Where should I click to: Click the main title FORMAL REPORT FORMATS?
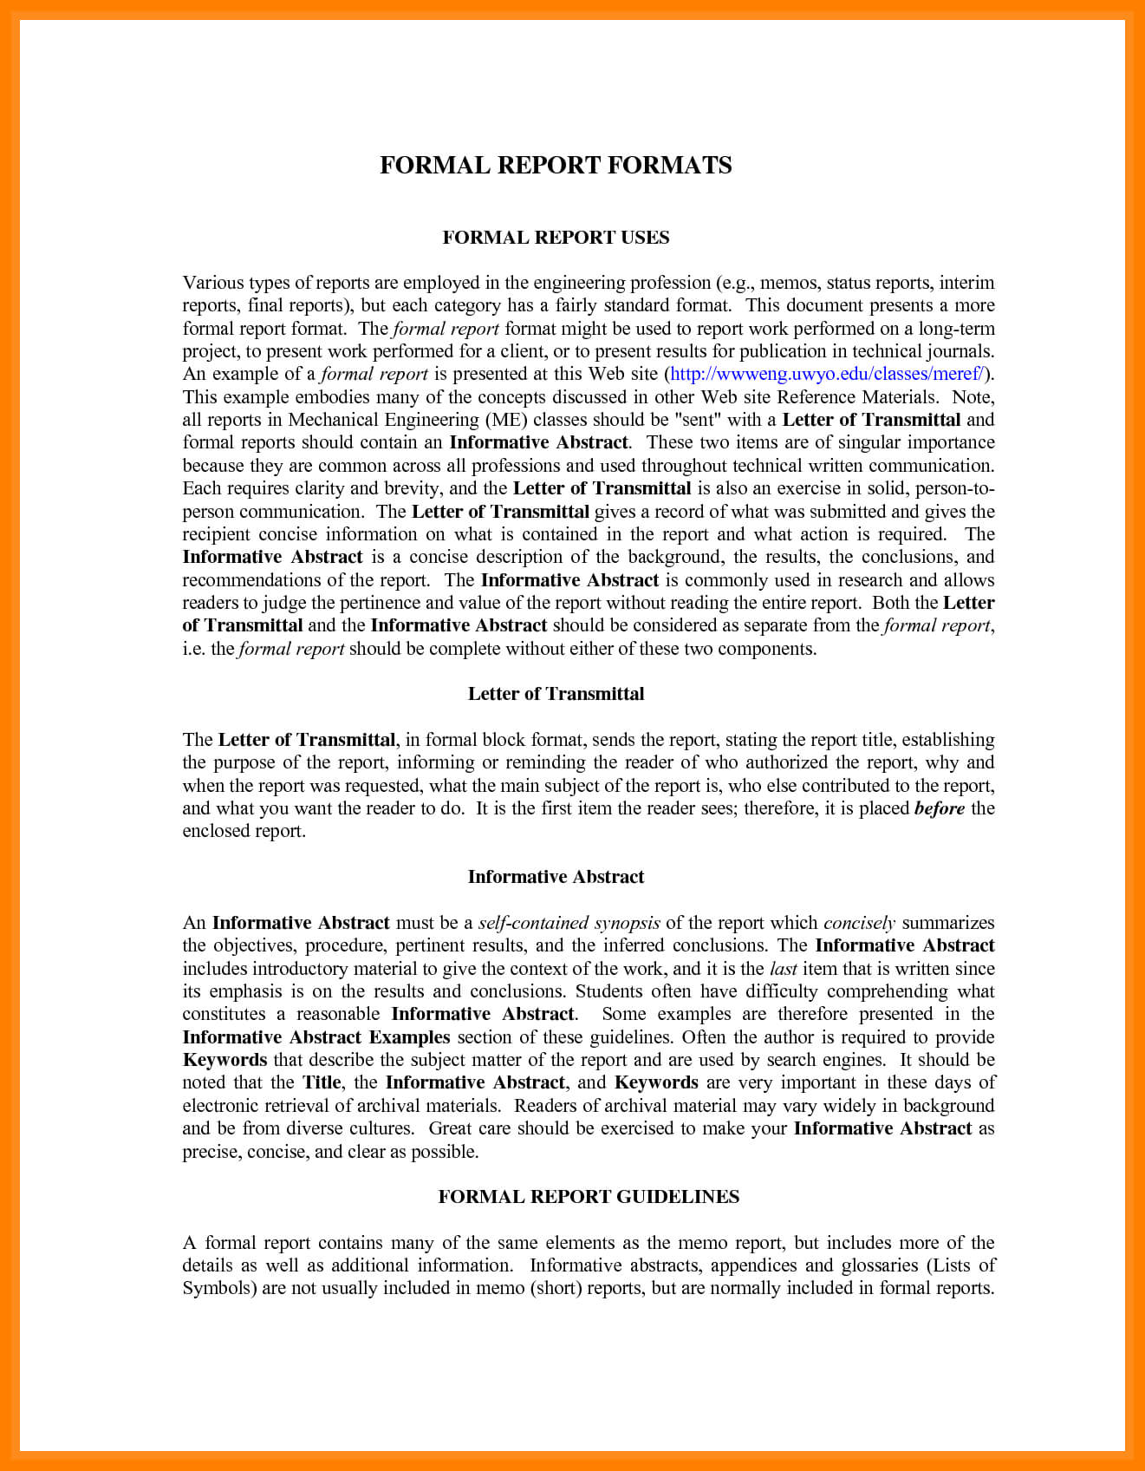(556, 166)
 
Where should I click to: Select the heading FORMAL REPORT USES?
(556, 238)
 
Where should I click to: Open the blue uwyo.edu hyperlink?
(827, 374)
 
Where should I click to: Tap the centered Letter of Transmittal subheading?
(556, 694)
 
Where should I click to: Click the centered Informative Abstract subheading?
(556, 877)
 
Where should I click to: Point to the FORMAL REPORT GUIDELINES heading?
(589, 1197)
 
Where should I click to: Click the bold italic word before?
(940, 808)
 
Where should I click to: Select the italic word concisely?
(859, 923)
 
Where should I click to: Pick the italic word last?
(784, 969)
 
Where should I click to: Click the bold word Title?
(322, 1082)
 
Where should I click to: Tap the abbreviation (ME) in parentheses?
(506, 420)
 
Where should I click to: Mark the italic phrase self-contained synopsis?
(569, 923)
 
